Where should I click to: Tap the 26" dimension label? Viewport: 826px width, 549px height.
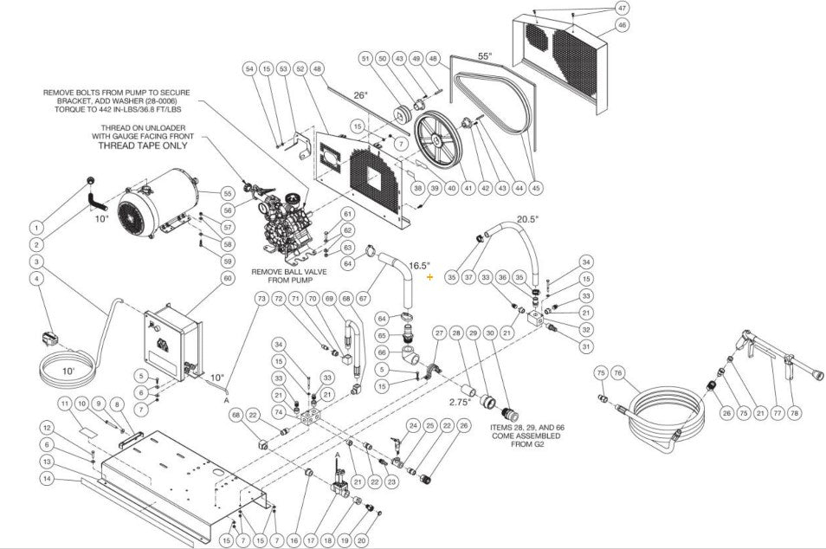(360, 94)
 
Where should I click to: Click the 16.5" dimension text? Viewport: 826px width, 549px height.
(420, 266)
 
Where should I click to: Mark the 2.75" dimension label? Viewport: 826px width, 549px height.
(458, 403)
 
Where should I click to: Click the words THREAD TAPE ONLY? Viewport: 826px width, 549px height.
(143, 145)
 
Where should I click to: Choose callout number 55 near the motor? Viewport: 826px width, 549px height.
(228, 193)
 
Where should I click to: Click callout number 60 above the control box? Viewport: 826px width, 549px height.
(228, 278)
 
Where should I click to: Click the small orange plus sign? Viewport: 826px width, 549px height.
(429, 276)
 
